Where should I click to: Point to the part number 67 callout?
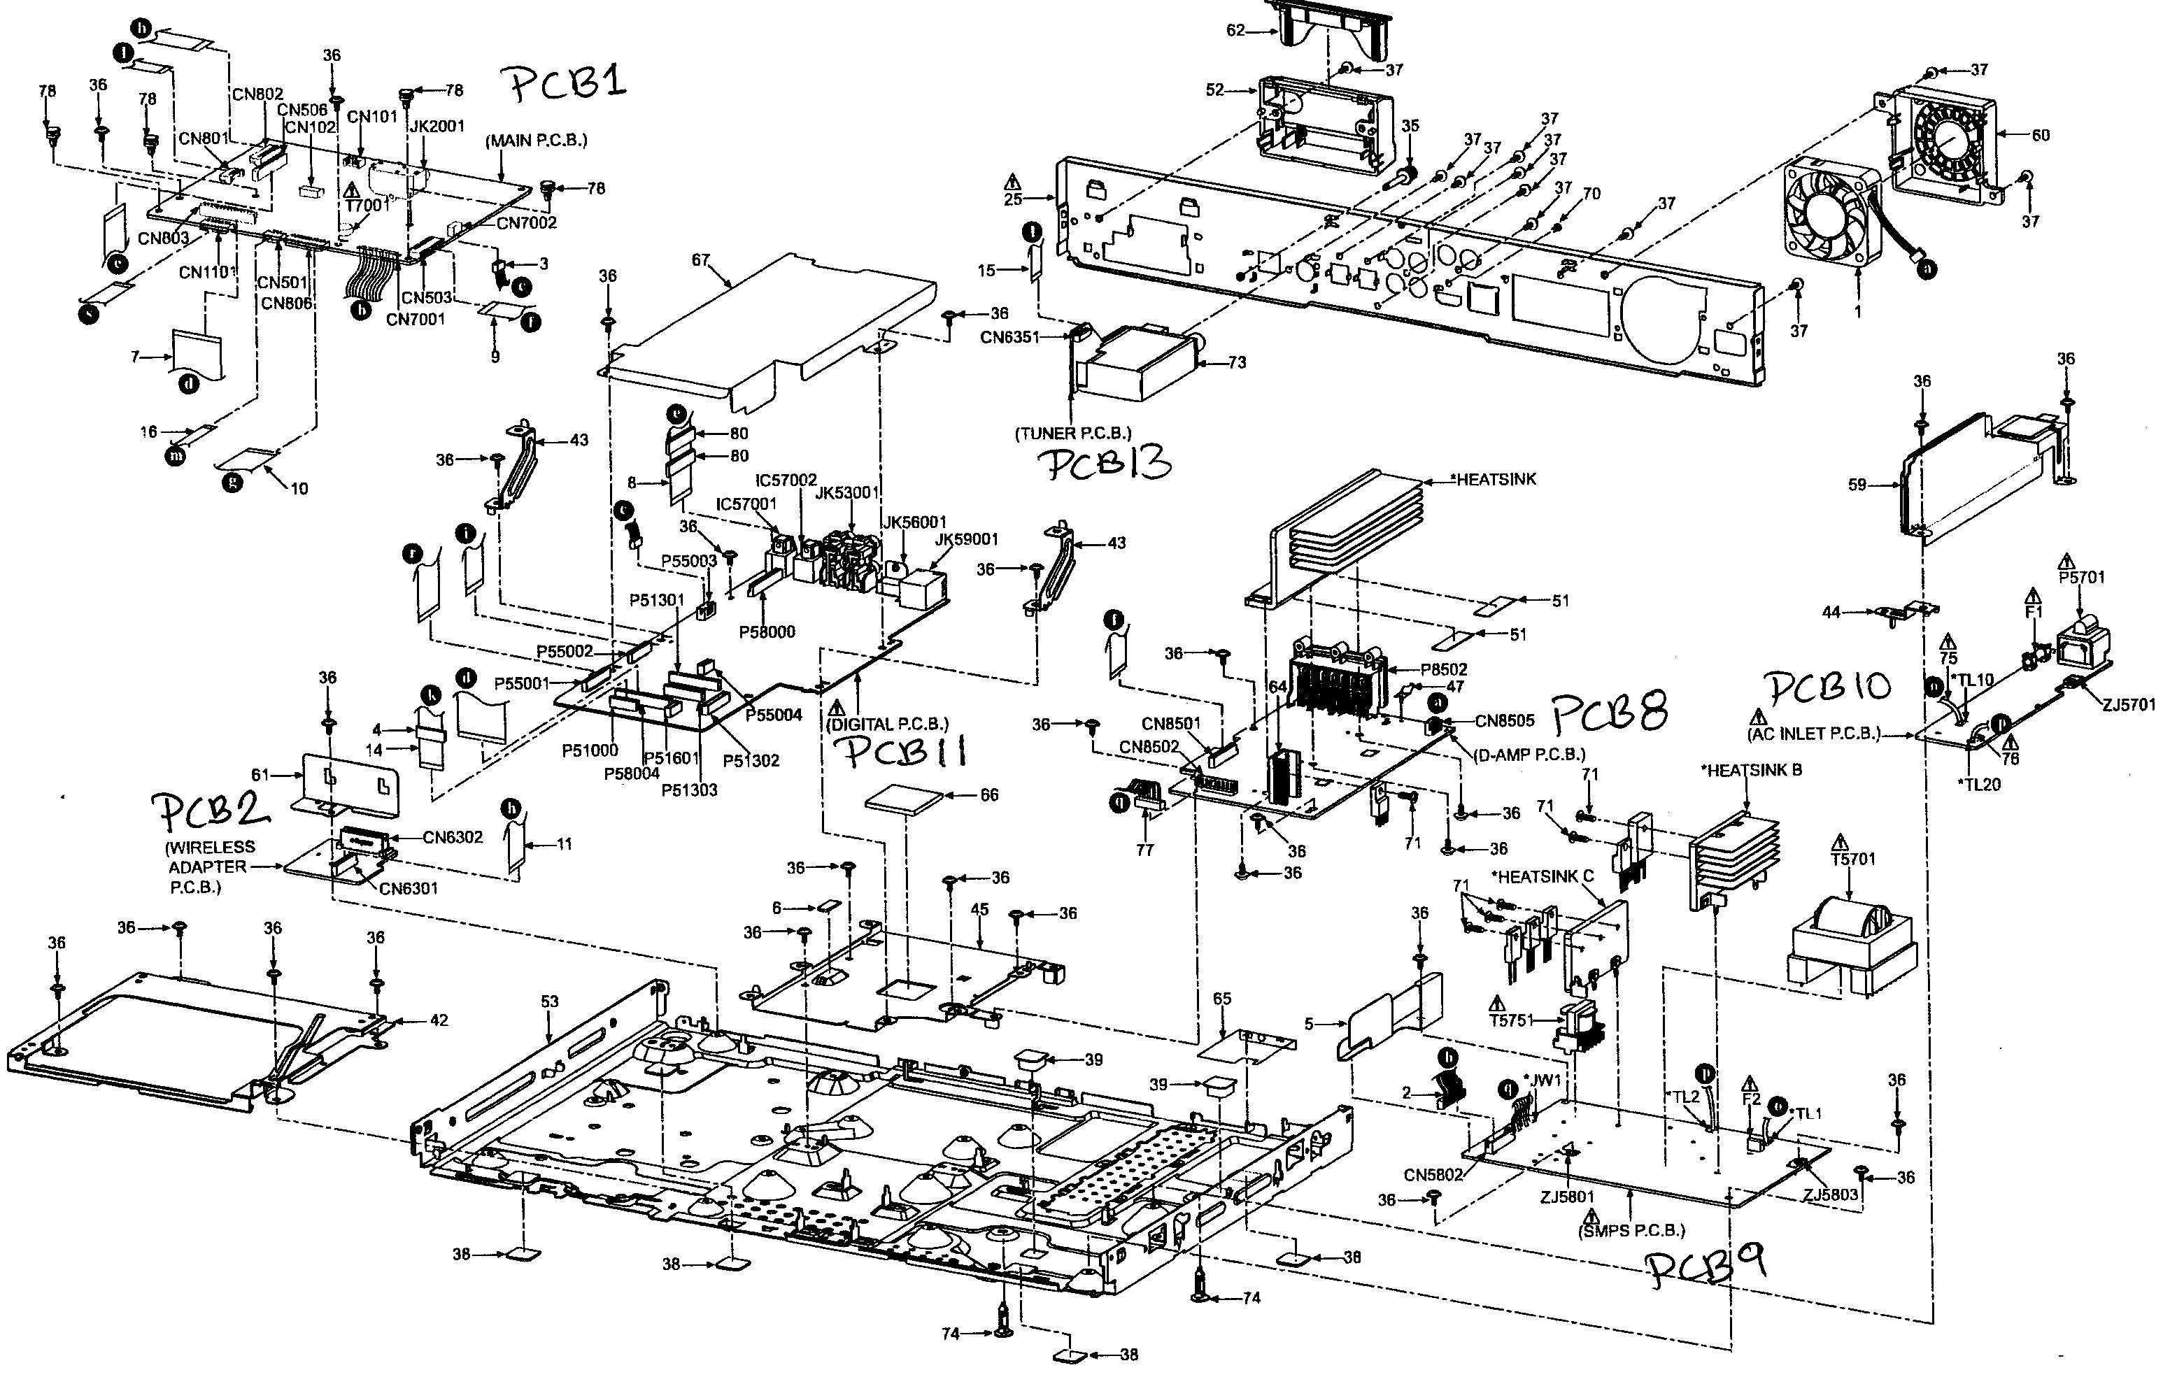[x=701, y=260]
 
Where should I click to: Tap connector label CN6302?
[x=452, y=837]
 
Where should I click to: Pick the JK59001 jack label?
[x=967, y=540]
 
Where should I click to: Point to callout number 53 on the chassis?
[x=550, y=1001]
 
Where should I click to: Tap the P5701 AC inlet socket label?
[x=2081, y=576]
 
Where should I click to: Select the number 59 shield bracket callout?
[x=1857, y=485]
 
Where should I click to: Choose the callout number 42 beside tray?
[x=439, y=1020]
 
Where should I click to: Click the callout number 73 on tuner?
[x=1237, y=362]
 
